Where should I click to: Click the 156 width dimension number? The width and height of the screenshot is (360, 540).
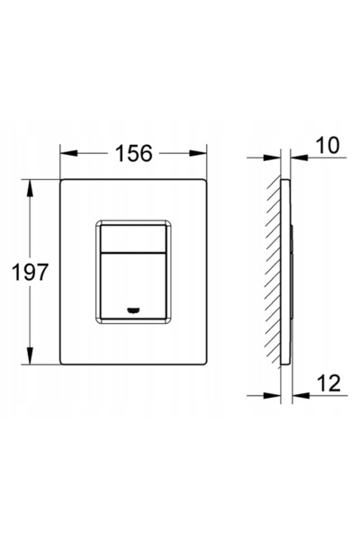tap(134, 153)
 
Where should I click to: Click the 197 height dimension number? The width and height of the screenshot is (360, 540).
tap(30, 272)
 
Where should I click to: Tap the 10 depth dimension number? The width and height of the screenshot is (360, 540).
tap(328, 145)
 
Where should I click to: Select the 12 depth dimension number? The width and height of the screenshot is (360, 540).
tap(328, 383)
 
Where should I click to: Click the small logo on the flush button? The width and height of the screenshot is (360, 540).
tap(132, 310)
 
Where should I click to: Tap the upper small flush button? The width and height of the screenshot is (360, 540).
tap(132, 238)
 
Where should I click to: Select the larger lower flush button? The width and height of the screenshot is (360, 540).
tap(132, 285)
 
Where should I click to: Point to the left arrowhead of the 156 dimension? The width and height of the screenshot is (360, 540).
tap(68, 153)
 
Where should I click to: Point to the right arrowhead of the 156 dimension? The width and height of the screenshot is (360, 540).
tap(198, 153)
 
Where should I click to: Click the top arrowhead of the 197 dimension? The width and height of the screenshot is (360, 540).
tap(30, 188)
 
